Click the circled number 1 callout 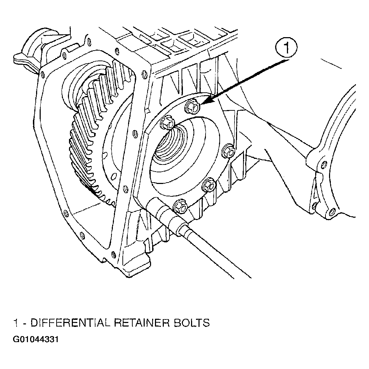point(286,48)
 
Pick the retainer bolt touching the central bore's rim point(167,122)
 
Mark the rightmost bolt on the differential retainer point(229,151)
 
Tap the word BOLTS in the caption point(191,323)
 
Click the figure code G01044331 point(35,340)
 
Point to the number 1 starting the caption point(16,323)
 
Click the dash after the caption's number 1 point(25,323)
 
